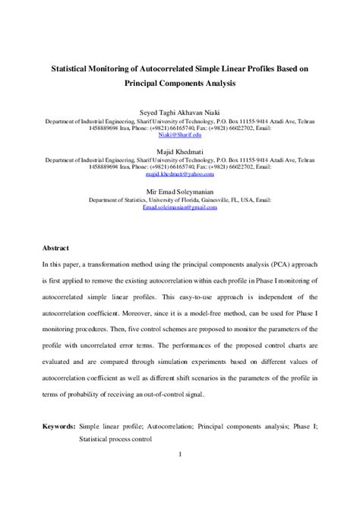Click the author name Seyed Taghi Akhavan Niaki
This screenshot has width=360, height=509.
point(179,110)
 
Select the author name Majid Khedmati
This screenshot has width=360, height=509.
point(179,152)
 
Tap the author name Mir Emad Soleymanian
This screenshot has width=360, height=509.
point(179,192)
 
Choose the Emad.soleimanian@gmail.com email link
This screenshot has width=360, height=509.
point(179,207)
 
